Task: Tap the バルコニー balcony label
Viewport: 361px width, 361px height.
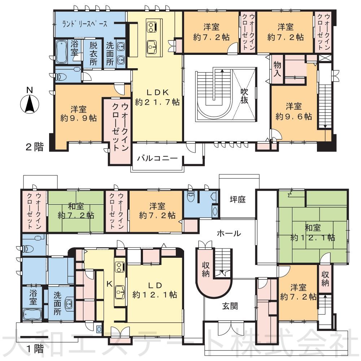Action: coord(157,158)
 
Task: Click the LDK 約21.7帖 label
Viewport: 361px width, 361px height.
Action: coord(157,97)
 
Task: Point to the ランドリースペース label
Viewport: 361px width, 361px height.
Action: coord(85,24)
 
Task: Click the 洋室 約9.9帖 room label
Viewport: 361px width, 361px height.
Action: coord(78,113)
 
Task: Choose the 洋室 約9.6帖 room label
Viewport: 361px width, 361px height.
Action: coord(294,111)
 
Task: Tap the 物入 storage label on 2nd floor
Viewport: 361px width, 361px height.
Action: coord(277,69)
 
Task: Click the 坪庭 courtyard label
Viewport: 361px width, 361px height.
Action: coord(238,199)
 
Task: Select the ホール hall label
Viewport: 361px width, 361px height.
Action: coord(229,234)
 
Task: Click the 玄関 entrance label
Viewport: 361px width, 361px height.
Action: coord(230,306)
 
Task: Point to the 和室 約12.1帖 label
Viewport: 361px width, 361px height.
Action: coord(313,232)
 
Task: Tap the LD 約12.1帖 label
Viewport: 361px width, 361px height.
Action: coord(155,290)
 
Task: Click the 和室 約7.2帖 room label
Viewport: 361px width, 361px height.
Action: coord(76,210)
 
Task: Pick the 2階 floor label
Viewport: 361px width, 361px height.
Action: coord(35,147)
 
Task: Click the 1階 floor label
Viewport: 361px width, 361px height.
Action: coord(35,349)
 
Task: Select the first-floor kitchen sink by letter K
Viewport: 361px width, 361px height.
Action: coord(120,292)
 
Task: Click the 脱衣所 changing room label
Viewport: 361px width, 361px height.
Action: coord(93,53)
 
